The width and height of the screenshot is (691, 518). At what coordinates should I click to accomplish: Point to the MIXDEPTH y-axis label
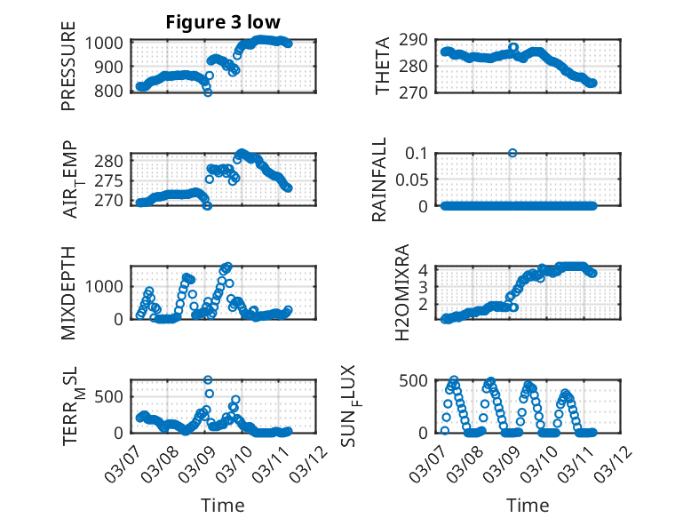coord(68,291)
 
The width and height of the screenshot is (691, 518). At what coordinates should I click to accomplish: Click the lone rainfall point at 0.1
coord(512,153)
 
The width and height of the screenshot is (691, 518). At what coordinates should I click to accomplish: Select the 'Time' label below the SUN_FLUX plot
coord(528,506)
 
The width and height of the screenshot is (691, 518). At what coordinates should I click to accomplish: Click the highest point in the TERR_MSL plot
coord(208,380)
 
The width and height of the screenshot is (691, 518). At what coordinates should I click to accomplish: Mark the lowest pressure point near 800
coord(208,92)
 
